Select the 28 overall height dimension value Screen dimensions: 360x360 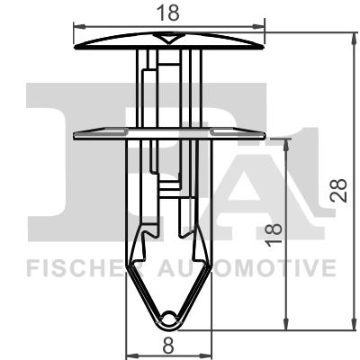(x=340, y=188)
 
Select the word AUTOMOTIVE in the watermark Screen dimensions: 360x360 (x=243, y=267)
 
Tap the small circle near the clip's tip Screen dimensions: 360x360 (x=172, y=315)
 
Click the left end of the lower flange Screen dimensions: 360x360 (x=75, y=134)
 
